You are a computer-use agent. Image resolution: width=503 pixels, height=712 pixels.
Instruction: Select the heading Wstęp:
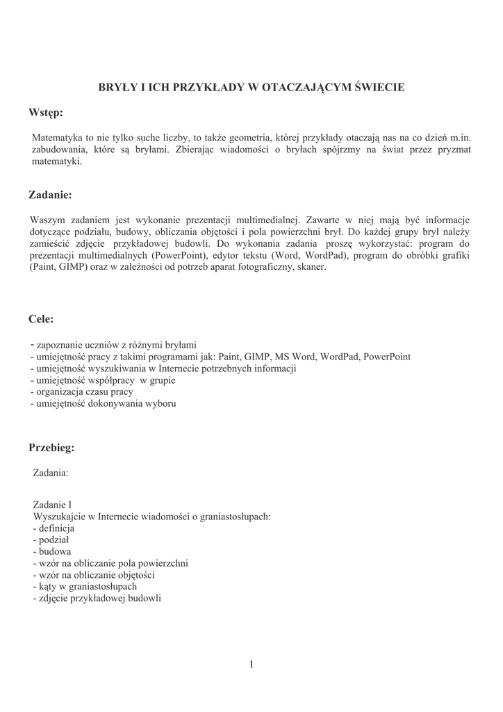[x=46, y=113]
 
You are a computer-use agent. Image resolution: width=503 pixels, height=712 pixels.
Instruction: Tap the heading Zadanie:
[x=50, y=195]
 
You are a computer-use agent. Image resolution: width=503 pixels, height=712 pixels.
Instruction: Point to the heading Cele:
[x=42, y=319]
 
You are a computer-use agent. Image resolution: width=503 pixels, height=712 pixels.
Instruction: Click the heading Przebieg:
[x=51, y=448]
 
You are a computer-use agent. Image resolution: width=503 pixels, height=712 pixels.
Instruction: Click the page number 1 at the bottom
[x=251, y=665]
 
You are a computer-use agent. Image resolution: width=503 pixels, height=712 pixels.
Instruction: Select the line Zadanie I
[x=52, y=505]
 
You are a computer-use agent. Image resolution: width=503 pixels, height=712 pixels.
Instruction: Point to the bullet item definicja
[x=51, y=528]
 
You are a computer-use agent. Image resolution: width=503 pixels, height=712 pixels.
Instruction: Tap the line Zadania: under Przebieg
[x=51, y=473]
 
